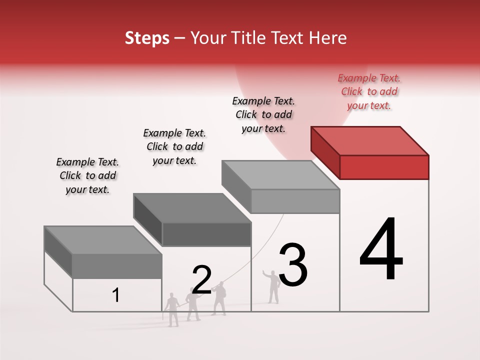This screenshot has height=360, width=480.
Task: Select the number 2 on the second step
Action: [201, 279]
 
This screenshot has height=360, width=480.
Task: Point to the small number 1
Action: [115, 295]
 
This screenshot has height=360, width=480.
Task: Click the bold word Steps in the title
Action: [147, 38]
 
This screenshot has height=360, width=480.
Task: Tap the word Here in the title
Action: [328, 38]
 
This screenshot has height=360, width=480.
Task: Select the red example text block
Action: [369, 91]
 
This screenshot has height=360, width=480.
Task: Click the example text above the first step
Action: [87, 175]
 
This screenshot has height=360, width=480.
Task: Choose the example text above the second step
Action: [174, 146]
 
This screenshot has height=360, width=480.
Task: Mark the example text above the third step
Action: [263, 114]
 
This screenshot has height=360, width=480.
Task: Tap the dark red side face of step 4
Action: [325, 152]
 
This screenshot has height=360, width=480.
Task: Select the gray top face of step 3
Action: [280, 174]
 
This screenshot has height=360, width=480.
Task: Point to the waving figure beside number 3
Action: [272, 286]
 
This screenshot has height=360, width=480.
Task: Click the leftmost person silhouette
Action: [172, 309]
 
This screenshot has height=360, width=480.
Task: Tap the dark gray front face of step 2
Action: [206, 234]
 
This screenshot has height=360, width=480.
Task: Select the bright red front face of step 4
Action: [384, 167]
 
